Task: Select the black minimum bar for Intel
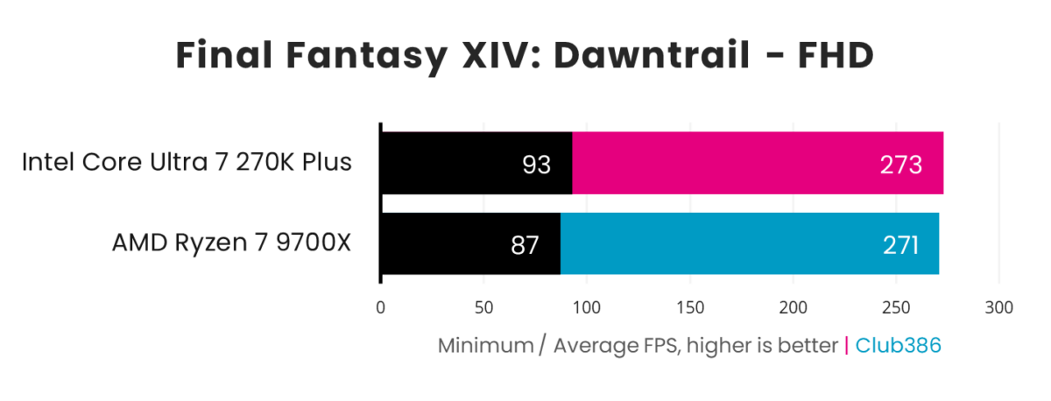coord(476,163)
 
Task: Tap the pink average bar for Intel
coord(758,163)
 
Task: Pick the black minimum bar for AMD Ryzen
coord(470,243)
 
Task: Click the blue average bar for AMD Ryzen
coord(749,243)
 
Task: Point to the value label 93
coord(535,164)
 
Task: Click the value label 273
coord(902,164)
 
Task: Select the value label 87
coord(524,244)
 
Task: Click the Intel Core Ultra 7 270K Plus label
coord(187,163)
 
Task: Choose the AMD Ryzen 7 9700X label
coord(231,243)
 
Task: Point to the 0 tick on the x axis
coord(380,307)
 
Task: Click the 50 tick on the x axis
coord(483,307)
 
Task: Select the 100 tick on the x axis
coord(586,307)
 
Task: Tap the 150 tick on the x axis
coord(689,307)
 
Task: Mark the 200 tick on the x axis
coord(793,307)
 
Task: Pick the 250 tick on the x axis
coord(896,307)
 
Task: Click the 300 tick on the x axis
coord(999,307)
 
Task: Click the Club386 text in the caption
coord(898,346)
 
